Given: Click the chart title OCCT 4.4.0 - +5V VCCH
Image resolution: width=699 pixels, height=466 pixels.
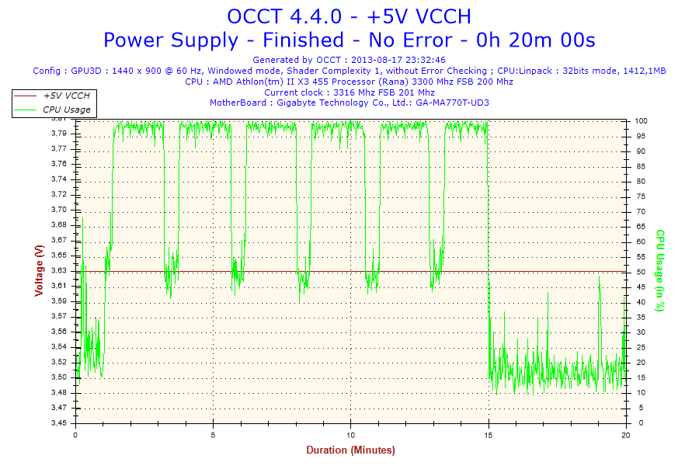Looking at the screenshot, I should coord(349,16).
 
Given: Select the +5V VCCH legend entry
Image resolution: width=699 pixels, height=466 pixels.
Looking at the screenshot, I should coord(66,96).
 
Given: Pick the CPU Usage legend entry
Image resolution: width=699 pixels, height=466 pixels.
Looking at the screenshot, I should coord(66,110).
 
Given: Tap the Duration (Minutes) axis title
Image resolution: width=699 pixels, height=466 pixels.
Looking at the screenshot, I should coord(350,450).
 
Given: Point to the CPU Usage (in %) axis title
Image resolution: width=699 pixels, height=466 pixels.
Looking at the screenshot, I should coord(660,270).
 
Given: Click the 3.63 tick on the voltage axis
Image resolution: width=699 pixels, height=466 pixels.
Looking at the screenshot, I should coord(57,271).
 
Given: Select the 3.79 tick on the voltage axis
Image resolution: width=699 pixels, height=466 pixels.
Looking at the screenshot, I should coord(57,134).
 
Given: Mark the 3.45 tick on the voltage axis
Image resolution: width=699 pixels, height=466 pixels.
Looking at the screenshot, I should coord(57,423).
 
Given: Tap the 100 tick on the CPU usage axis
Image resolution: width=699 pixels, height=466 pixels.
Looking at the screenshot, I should coord(642,121).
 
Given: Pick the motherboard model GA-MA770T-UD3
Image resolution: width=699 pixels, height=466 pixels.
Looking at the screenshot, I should coord(452,103).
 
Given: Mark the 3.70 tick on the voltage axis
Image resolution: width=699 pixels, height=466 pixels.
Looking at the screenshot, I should coord(57,210).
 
